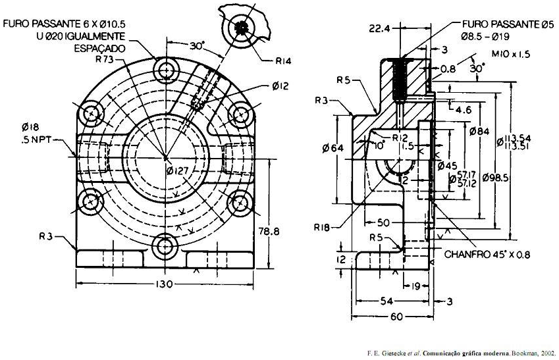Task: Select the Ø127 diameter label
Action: coord(179,171)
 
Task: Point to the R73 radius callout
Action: coord(104,59)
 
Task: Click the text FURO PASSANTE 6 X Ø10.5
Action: coord(64,24)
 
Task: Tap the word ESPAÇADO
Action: coord(98,48)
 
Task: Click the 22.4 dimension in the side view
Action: coord(381,28)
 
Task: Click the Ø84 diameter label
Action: coord(478,131)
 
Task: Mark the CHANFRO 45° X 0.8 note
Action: coord(487,254)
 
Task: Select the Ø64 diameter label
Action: coord(334,148)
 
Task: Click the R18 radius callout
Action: coord(322,228)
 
